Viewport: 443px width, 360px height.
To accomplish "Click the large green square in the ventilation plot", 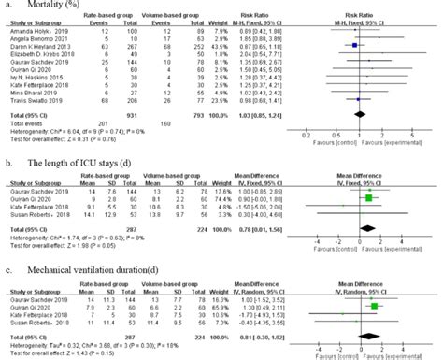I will click(x=374, y=306).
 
